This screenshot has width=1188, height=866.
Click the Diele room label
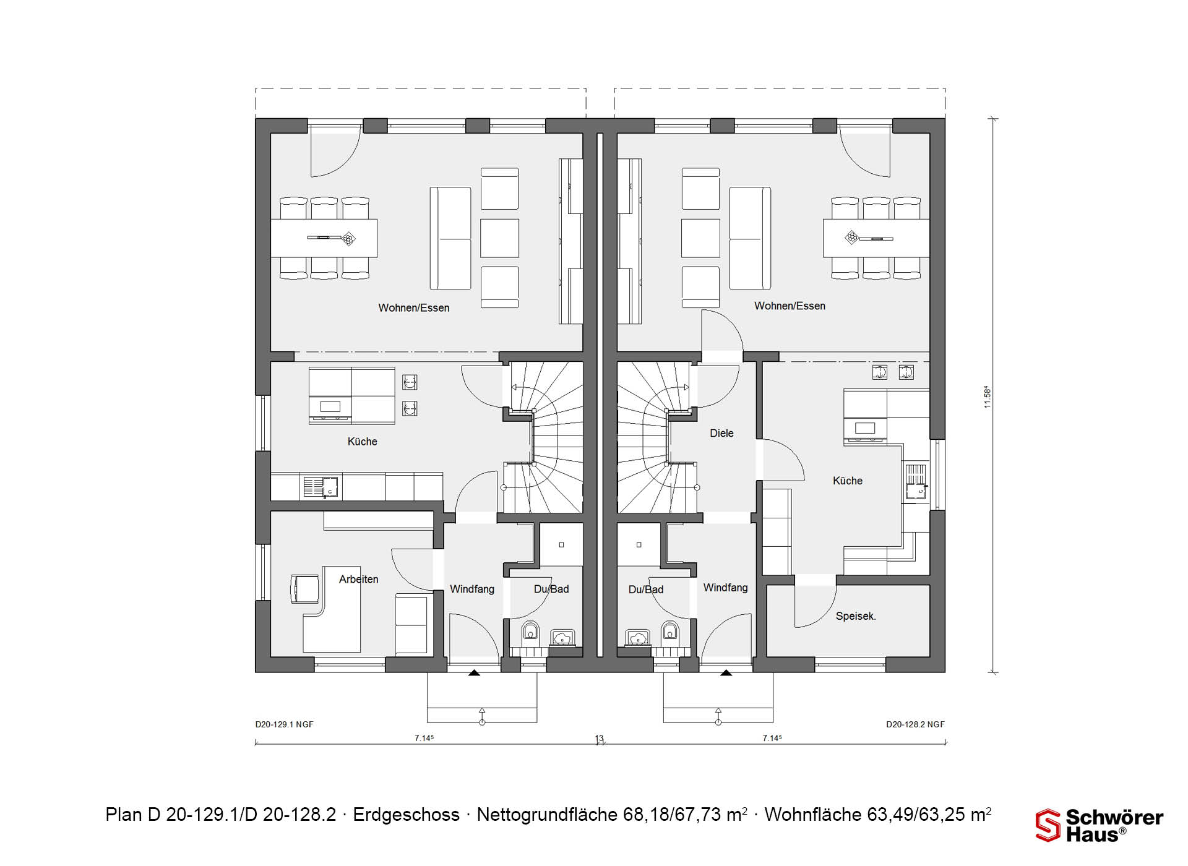(x=721, y=434)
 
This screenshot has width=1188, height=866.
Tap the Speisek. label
(x=856, y=616)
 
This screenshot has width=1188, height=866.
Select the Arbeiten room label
(x=358, y=580)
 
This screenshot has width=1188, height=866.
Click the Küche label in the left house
(x=362, y=442)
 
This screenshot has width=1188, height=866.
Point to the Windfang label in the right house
(x=725, y=588)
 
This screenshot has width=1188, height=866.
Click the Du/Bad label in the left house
(x=551, y=589)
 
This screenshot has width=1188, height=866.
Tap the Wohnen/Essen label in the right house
(x=790, y=306)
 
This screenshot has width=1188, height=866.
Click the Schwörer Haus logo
(x=1100, y=826)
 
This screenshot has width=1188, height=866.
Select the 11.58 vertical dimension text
(x=988, y=397)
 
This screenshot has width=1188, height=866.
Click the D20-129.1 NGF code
(x=285, y=724)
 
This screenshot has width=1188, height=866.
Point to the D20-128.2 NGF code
(x=915, y=724)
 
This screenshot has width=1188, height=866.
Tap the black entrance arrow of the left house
(x=474, y=672)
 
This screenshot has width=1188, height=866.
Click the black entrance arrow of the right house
(x=726, y=672)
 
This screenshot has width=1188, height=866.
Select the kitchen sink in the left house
(x=321, y=487)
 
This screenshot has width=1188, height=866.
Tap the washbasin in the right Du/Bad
(x=637, y=638)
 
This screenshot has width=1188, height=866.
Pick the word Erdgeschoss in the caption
(x=406, y=815)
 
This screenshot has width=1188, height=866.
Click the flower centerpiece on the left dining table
(x=348, y=238)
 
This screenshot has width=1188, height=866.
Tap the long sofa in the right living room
(x=750, y=238)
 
